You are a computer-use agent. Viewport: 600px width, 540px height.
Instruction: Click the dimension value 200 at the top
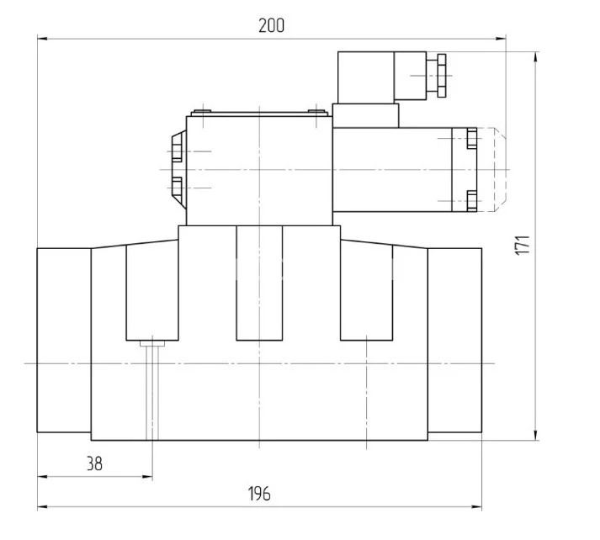(x=271, y=25)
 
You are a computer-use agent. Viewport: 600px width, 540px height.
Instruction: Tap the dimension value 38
(x=95, y=463)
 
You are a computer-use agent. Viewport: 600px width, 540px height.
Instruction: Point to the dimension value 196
(x=260, y=494)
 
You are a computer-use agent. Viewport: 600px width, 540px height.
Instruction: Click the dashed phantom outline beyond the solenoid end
(x=494, y=168)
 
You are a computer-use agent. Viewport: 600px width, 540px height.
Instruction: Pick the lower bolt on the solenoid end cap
(x=470, y=200)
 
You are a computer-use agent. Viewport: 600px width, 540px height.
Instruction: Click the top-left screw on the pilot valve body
(x=199, y=111)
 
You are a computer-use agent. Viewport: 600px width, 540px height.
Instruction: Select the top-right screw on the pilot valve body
(x=315, y=111)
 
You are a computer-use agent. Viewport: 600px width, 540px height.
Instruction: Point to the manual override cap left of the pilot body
(x=176, y=168)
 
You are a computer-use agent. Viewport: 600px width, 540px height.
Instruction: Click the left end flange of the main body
(x=64, y=340)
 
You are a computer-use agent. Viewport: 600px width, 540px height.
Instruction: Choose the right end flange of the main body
(x=454, y=340)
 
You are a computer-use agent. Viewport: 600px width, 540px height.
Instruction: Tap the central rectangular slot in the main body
(x=260, y=283)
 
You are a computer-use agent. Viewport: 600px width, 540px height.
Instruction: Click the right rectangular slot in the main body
(x=368, y=290)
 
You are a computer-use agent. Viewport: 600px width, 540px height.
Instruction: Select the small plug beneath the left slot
(x=151, y=342)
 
